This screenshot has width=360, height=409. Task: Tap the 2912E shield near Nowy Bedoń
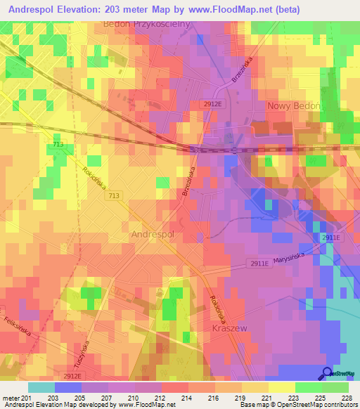click(x=212, y=103)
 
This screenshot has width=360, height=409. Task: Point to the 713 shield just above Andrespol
click(x=114, y=196)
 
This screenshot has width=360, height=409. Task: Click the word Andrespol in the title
click(x=37, y=10)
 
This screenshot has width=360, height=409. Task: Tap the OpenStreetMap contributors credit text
click(x=309, y=405)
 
